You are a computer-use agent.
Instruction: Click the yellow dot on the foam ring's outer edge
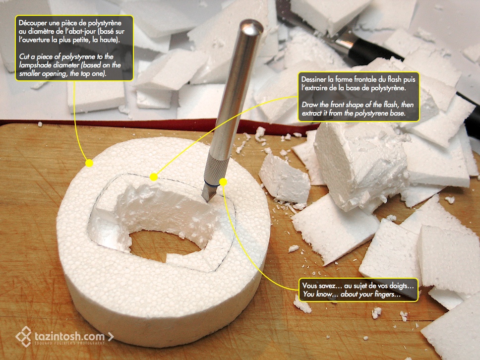click(x=89, y=163)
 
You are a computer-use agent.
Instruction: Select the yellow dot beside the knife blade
click(x=223, y=182)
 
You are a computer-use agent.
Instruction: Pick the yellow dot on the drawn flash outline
click(x=154, y=177)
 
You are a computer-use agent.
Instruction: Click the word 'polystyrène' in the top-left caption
click(x=105, y=23)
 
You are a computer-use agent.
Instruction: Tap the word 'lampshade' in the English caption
click(x=34, y=65)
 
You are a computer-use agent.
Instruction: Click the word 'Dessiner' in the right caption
click(x=313, y=79)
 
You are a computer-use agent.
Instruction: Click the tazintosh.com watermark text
click(x=70, y=336)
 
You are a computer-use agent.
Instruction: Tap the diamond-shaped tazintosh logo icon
click(x=24, y=336)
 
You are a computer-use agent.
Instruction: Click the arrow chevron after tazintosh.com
click(x=111, y=337)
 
